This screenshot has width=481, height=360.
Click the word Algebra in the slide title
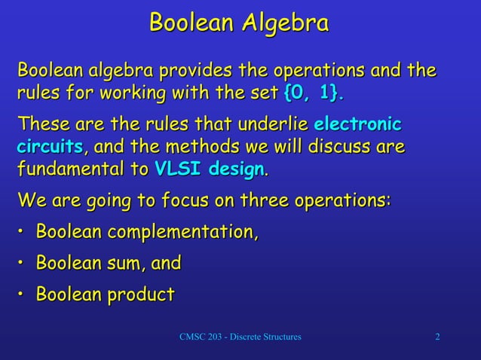pos(284,23)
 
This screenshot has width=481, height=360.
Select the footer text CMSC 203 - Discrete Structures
pos(240,336)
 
